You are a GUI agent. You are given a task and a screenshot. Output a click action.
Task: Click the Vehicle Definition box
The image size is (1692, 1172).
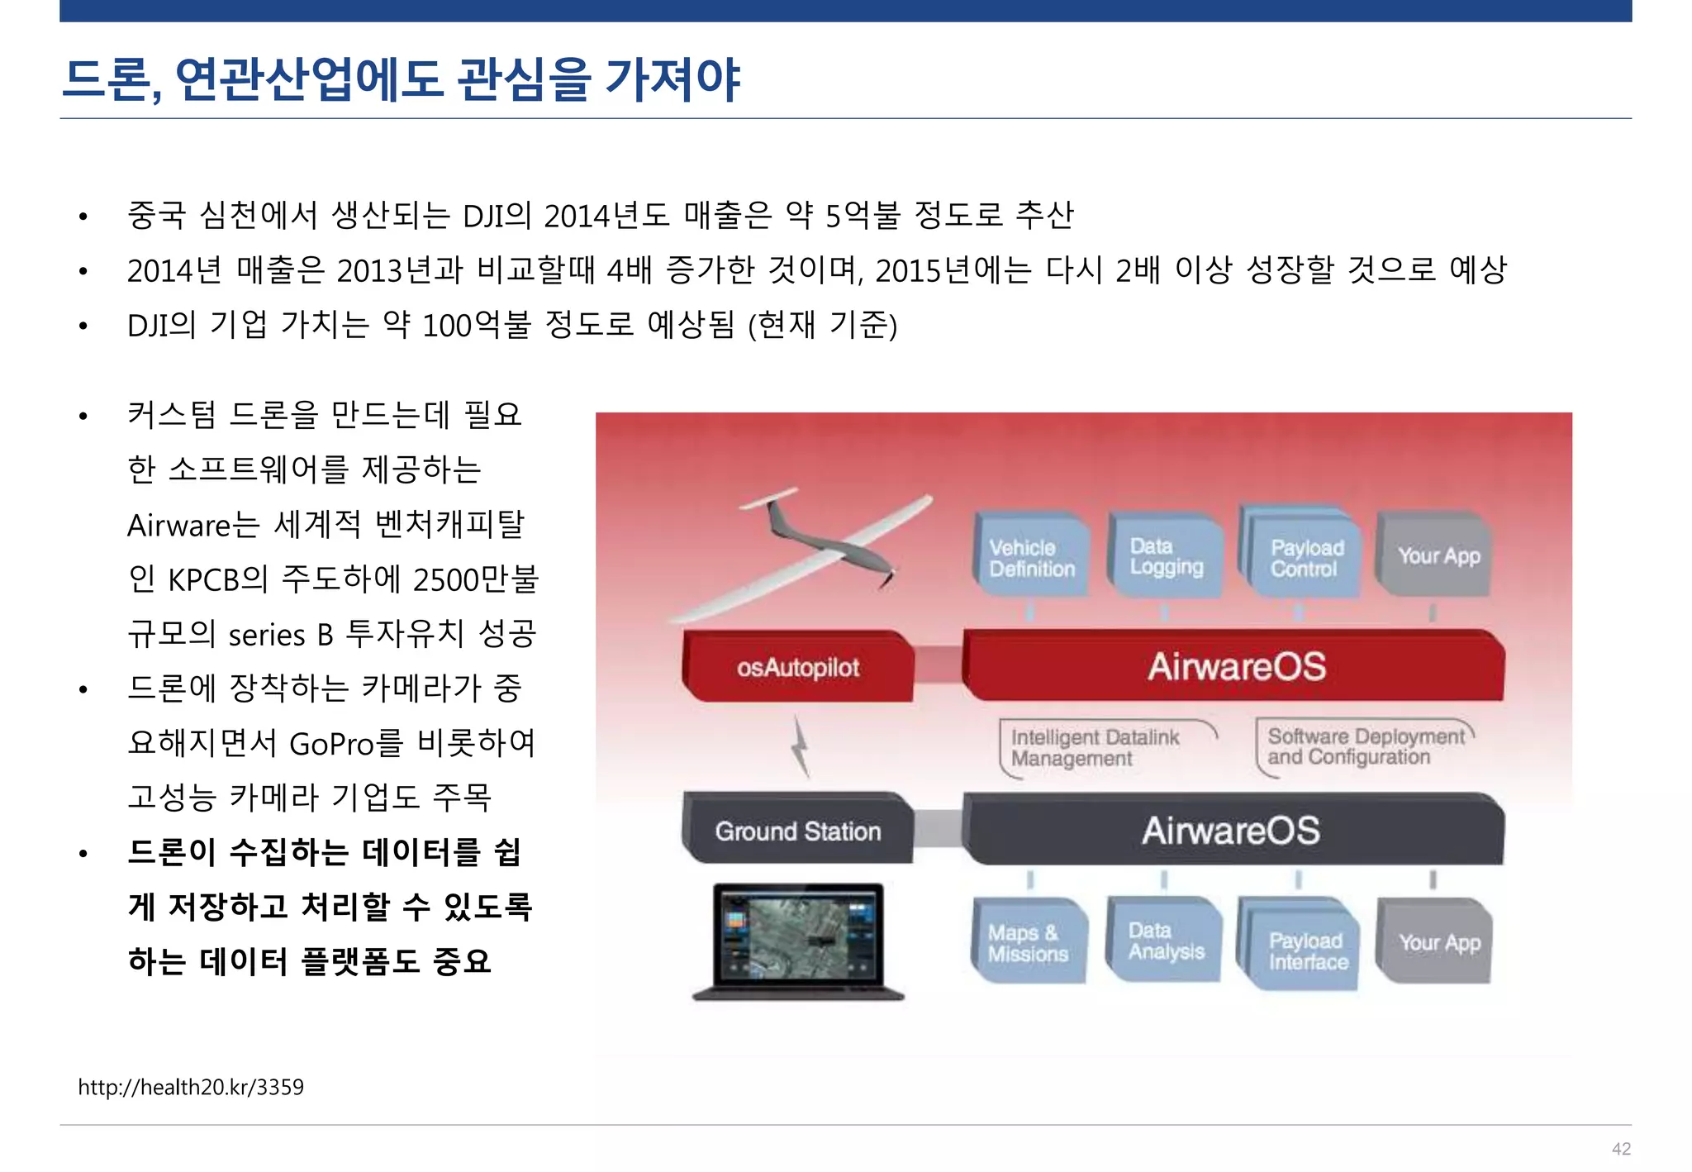pyautogui.click(x=1031, y=556)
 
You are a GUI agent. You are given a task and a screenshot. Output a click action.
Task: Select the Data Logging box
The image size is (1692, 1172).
pyautogui.click(x=1165, y=555)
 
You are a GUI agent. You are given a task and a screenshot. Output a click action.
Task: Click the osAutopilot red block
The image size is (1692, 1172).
pyautogui.click(x=798, y=666)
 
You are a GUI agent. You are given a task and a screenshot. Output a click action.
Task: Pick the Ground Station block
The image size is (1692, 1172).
pyautogui.click(x=798, y=830)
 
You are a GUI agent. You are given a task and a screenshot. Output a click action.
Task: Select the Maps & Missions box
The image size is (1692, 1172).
pyautogui.click(x=1029, y=942)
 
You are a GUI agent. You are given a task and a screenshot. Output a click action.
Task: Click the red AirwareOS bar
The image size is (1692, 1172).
pyautogui.click(x=1235, y=666)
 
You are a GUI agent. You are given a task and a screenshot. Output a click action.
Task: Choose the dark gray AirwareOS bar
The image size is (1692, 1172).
pyautogui.click(x=1231, y=830)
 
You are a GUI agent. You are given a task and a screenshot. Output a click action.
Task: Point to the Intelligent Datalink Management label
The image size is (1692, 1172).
pyautogui.click(x=1095, y=747)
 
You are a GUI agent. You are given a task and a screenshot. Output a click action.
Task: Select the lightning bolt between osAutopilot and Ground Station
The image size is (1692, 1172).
pyautogui.click(x=800, y=746)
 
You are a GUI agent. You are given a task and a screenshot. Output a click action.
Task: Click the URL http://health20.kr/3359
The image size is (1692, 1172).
pyautogui.click(x=191, y=1087)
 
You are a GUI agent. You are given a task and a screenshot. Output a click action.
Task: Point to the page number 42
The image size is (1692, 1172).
pyautogui.click(x=1621, y=1149)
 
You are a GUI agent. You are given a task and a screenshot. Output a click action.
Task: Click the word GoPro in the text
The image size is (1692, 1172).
pyautogui.click(x=331, y=744)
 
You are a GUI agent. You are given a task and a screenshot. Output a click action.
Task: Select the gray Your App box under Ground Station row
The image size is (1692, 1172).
pyautogui.click(x=1438, y=942)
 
